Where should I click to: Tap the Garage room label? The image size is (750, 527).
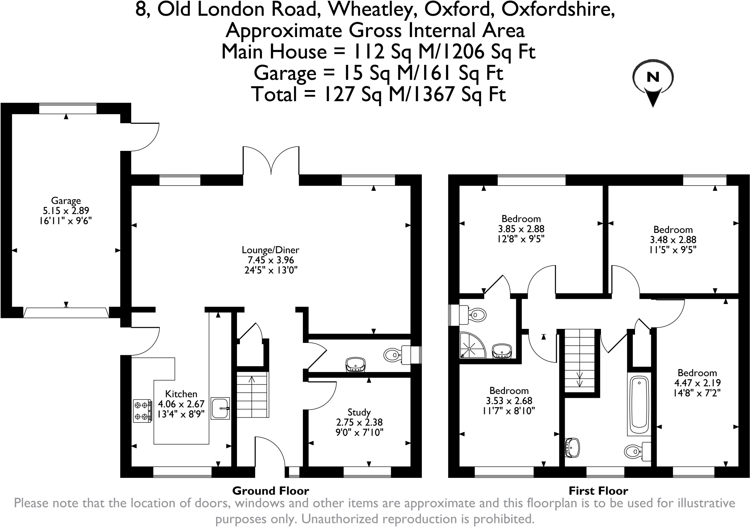66,201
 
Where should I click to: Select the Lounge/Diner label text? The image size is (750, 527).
271,250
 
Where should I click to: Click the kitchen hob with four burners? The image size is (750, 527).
142,411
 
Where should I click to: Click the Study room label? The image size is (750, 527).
359,412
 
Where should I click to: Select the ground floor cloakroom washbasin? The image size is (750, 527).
355,365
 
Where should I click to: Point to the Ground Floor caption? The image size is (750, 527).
271,491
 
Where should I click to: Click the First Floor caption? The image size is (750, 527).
598,491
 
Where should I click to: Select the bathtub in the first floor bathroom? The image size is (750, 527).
639,404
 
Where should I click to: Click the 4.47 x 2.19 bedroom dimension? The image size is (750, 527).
697,383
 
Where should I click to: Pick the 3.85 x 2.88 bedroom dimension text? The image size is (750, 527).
521,229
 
